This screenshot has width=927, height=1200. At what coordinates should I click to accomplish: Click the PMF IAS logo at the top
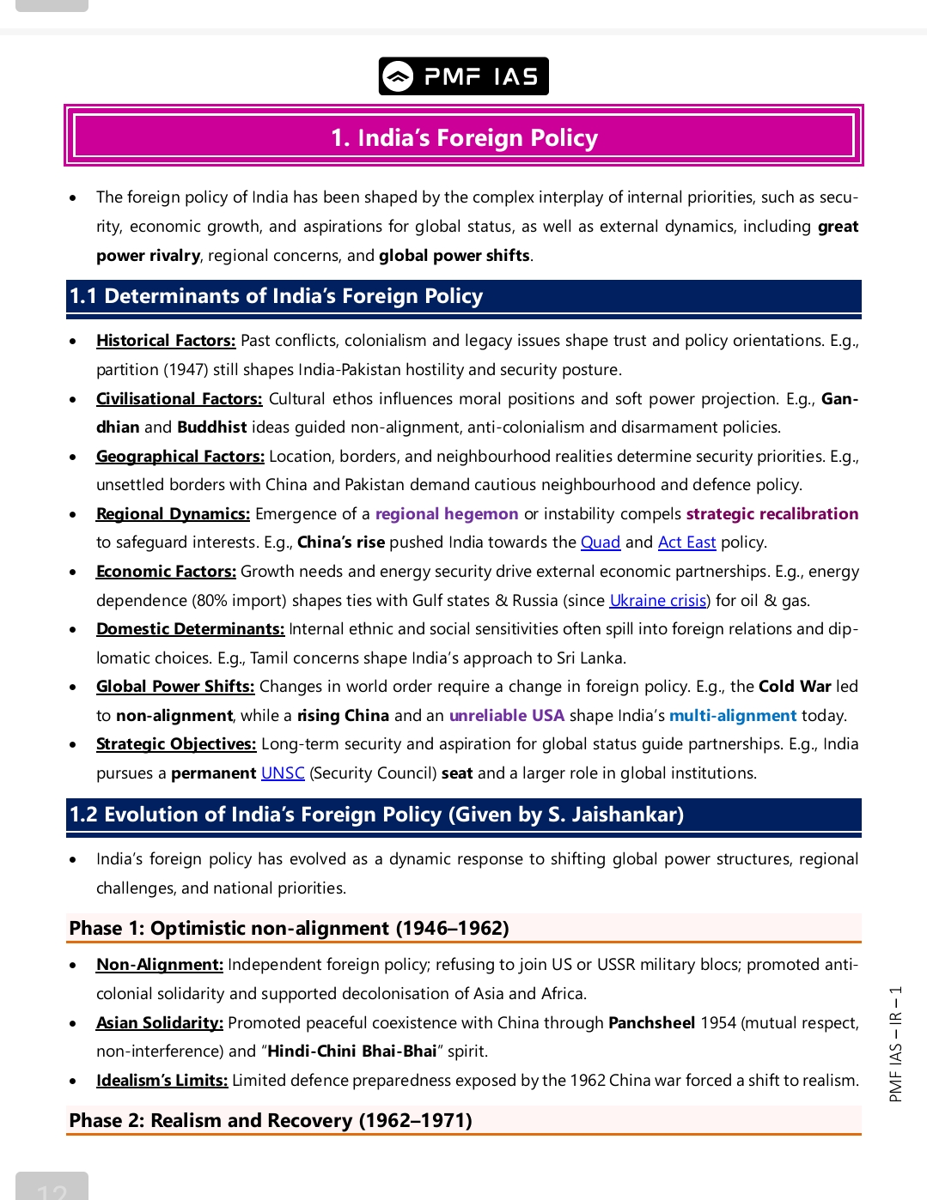coord(463,76)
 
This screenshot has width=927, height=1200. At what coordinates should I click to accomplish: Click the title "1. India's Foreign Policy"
coord(464,137)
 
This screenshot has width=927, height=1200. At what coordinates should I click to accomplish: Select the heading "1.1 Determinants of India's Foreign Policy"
coord(276,296)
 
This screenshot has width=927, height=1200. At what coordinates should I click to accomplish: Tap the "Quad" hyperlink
coord(600,542)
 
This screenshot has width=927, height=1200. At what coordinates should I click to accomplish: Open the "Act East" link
coord(686,542)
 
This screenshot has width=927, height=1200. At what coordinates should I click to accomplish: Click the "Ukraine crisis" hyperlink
coord(657,601)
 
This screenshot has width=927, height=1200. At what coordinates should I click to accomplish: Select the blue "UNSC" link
coord(283,773)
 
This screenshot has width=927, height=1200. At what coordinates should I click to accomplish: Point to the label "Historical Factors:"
coord(165,341)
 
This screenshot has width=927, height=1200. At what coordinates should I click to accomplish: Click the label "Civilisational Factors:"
coord(179,399)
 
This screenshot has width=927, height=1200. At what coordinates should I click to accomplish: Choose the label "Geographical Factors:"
coord(180,457)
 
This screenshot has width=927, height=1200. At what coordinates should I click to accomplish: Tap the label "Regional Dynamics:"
coord(173,514)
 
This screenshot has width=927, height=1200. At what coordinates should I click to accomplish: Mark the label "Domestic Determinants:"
coord(190,629)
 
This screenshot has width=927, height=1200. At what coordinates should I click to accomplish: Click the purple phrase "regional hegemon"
coord(446,514)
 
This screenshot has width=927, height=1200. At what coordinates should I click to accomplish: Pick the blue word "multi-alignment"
coord(732,716)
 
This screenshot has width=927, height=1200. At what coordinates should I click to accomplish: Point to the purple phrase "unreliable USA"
coord(506,716)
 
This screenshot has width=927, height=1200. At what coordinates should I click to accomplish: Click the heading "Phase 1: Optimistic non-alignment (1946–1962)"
coord(289,928)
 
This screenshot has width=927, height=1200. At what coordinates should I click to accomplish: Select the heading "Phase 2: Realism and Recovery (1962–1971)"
coord(271,1120)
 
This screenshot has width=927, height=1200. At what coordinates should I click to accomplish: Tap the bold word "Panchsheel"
coord(651,1023)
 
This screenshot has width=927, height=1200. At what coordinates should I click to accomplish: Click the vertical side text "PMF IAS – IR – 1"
coord(895,1043)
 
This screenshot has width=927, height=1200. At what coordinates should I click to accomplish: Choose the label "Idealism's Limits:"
coord(162,1081)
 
